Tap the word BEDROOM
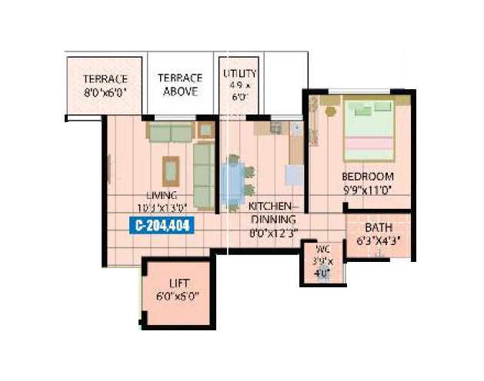(367, 177)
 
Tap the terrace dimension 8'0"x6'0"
(105, 91)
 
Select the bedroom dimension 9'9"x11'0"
(367, 190)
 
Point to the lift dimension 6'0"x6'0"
(179, 296)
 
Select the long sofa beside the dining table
(204, 175)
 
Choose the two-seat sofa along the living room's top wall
(170, 133)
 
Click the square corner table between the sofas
(205, 129)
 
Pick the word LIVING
(163, 195)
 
